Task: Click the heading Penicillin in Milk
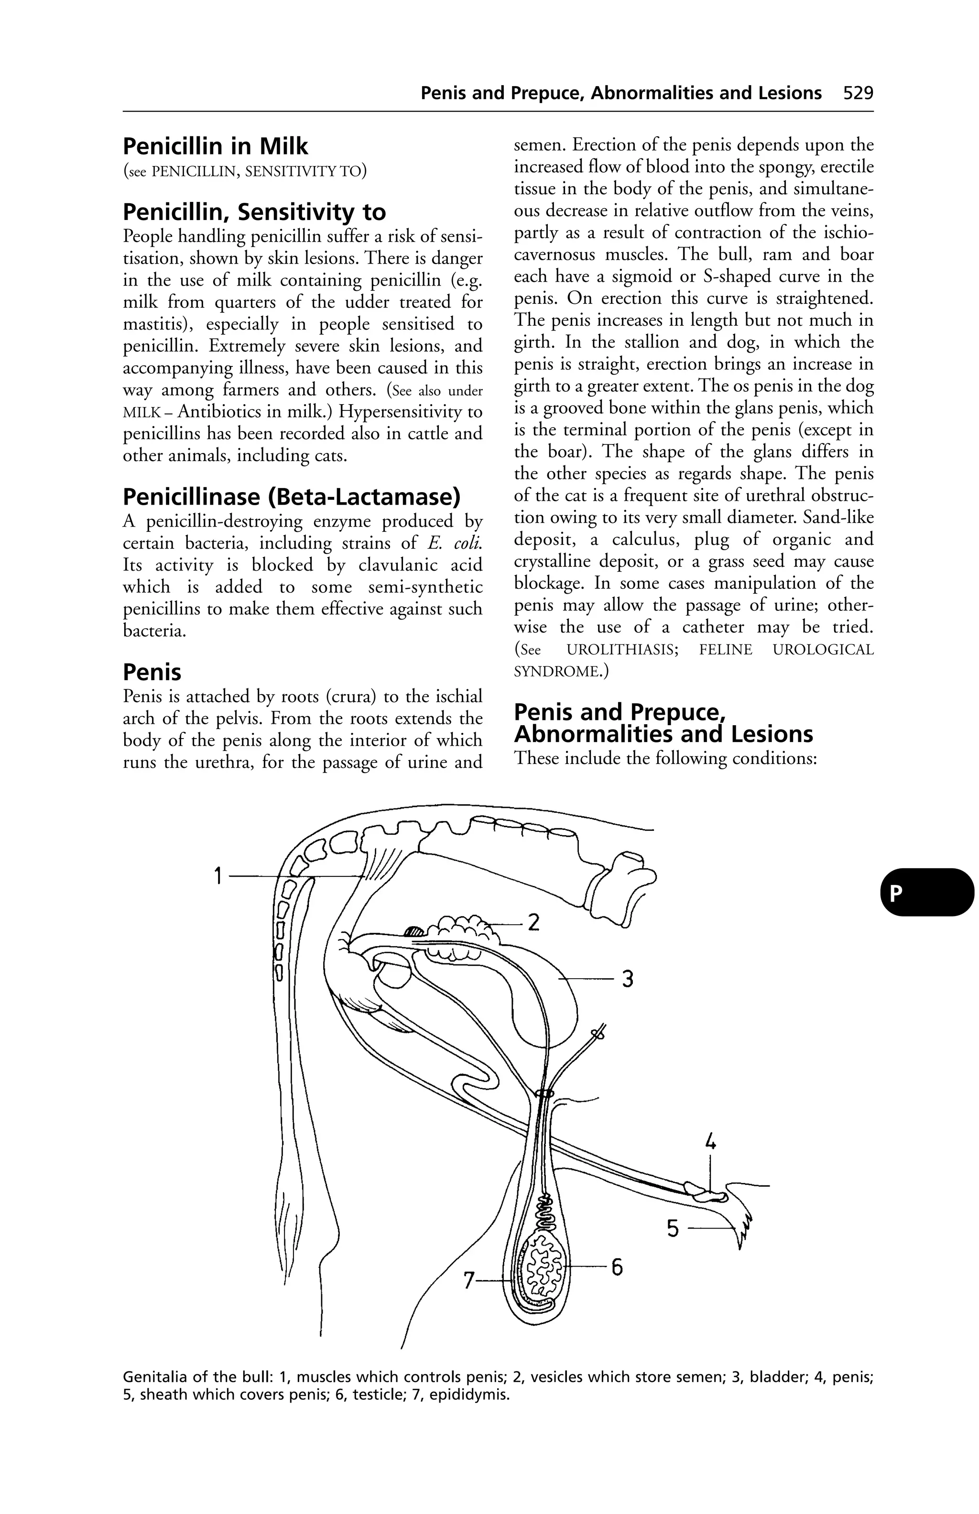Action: (x=215, y=147)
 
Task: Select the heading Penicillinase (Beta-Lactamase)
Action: (x=291, y=497)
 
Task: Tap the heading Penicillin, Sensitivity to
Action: (x=254, y=212)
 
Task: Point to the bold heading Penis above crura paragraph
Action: (x=152, y=673)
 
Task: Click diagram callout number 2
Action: (x=534, y=922)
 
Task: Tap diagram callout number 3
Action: (x=628, y=978)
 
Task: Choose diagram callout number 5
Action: (x=673, y=1228)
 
